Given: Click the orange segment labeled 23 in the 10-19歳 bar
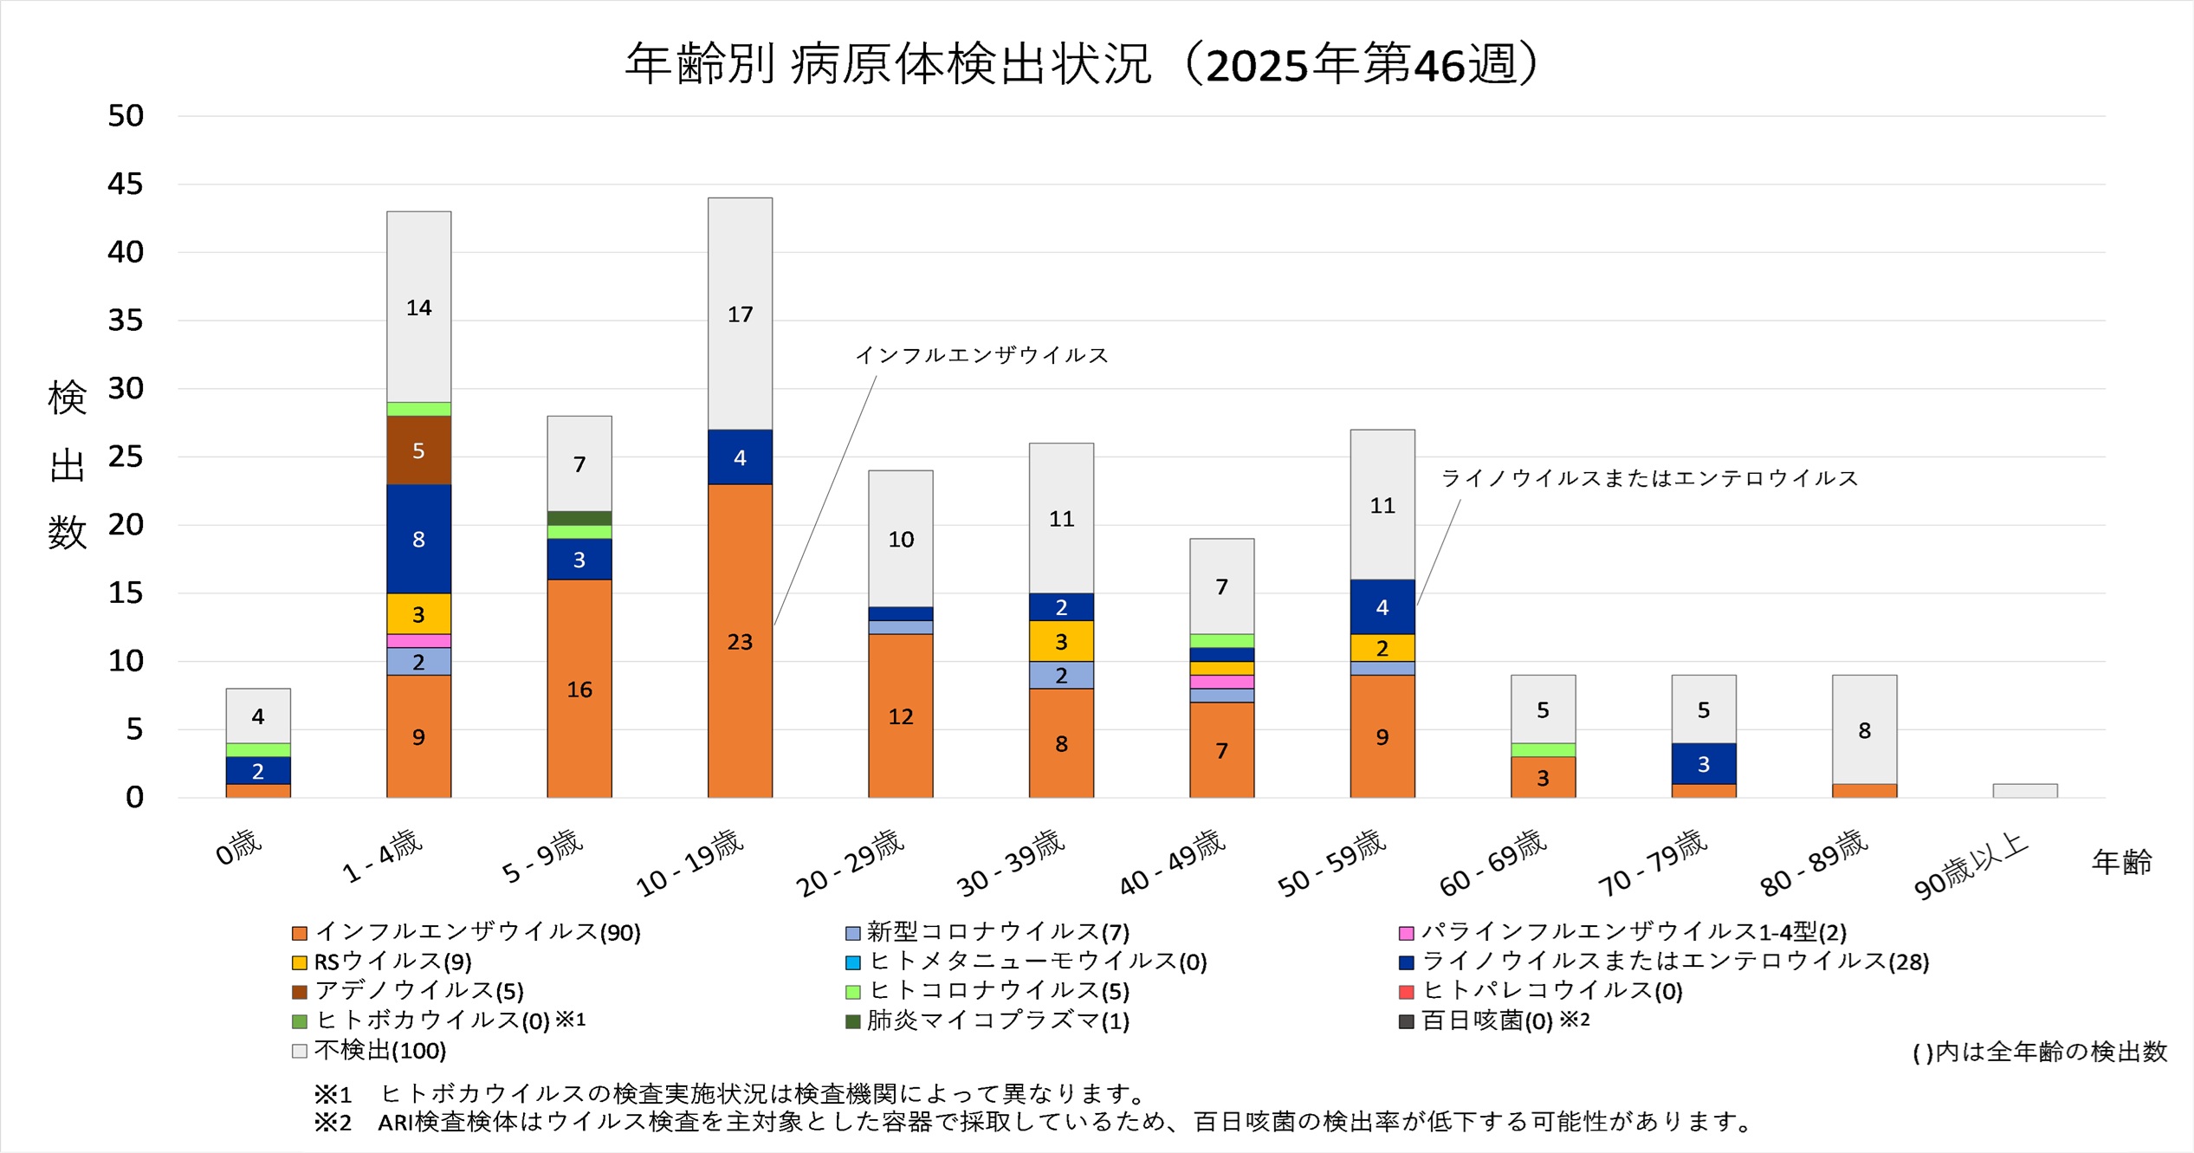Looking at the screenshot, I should point(740,641).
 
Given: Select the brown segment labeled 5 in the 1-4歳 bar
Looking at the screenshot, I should point(418,450).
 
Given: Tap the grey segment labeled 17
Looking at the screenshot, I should point(740,314).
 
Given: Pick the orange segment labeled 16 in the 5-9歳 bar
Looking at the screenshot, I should point(579,689).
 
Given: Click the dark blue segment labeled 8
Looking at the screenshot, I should point(418,539).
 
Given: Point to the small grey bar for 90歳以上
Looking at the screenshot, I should point(2024,791).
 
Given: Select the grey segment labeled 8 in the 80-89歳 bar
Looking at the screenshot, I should point(1864,729).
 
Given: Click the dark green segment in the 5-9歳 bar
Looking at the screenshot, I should point(579,518).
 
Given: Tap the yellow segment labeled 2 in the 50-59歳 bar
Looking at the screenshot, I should point(1382,648).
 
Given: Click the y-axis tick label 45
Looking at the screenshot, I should point(126,184).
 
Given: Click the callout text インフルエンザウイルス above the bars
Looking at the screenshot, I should point(981,355).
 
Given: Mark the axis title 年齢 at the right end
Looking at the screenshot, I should point(2121,862).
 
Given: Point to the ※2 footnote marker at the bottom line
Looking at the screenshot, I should point(333,1123).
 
